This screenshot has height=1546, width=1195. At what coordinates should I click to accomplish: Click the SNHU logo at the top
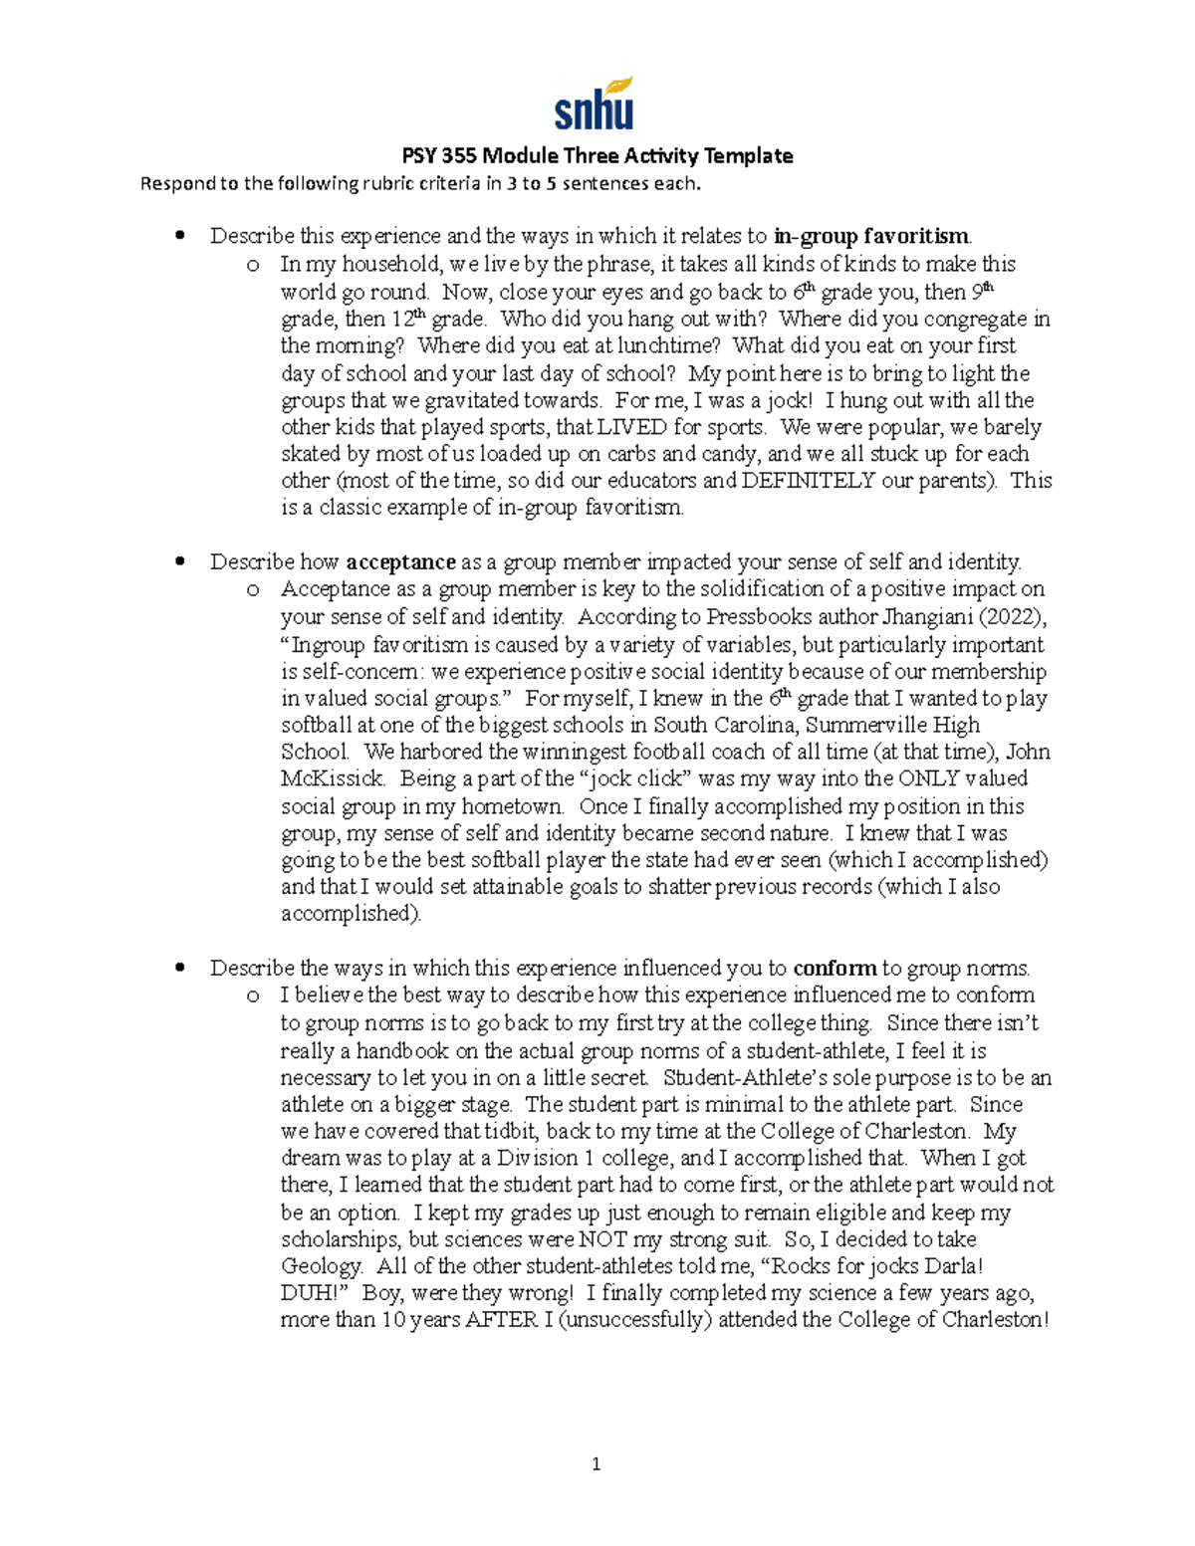point(595,104)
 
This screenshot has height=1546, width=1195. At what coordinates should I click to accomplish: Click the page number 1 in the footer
point(596,1463)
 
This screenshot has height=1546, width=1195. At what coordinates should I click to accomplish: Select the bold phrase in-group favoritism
point(870,236)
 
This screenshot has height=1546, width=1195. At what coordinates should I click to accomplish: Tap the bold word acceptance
point(400,561)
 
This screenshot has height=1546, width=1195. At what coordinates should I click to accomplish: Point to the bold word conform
point(835,968)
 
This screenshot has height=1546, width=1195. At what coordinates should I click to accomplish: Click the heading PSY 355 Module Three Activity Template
point(597,155)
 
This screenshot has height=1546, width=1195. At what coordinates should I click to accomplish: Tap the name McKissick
point(332,778)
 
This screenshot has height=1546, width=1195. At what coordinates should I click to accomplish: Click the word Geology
point(322,1266)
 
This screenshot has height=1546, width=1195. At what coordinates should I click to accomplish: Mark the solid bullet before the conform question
point(180,968)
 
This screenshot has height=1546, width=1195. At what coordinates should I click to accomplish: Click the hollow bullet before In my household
point(253,265)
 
